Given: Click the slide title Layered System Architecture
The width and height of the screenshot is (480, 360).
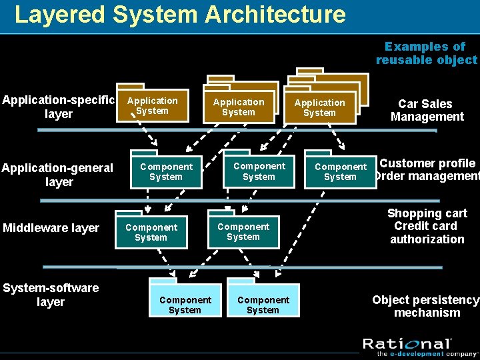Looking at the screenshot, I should point(180,14).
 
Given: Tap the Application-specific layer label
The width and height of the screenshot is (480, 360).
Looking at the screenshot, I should point(58,107).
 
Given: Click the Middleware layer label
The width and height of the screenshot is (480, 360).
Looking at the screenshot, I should point(51,228).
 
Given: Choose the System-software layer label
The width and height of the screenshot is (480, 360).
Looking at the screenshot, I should point(51,295).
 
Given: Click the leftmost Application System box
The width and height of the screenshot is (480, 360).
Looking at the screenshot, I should point(153,106).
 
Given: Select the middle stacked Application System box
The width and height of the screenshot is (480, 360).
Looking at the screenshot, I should point(239,107).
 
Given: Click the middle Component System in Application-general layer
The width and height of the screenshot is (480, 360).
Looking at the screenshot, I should point(259,171).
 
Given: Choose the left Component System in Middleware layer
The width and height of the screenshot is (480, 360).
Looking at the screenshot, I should point(151,232).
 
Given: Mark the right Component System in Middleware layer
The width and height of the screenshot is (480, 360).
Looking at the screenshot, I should point(243,231).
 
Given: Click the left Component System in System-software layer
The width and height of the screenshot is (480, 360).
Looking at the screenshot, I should point(185,305).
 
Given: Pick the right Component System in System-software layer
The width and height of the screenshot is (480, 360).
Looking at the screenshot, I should point(263,305).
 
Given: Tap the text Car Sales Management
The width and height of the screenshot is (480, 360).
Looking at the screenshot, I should point(427,110).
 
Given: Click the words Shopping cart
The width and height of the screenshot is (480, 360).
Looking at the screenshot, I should point(427,213).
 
